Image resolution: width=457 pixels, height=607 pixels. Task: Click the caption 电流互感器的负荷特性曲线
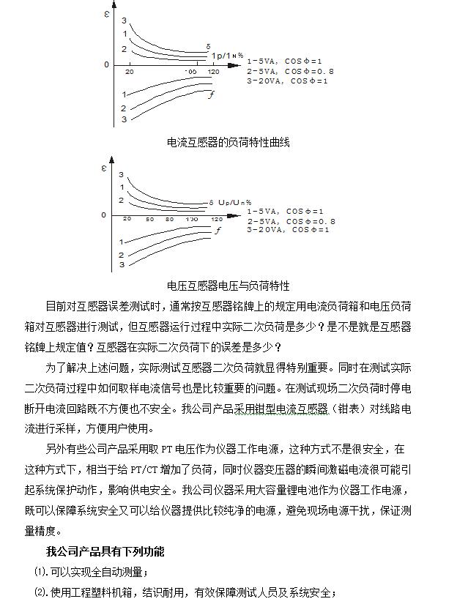pyautogui.click(x=228, y=142)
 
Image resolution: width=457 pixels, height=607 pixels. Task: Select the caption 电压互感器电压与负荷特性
pyautogui.click(x=228, y=286)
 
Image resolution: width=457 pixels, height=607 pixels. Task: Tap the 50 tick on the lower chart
pyautogui.click(x=149, y=219)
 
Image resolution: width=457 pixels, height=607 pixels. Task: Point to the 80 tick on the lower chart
pyautogui.click(x=169, y=219)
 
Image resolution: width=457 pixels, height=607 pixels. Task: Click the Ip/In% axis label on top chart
pyautogui.click(x=228, y=56)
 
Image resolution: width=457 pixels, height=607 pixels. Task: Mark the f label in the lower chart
pyautogui.click(x=218, y=231)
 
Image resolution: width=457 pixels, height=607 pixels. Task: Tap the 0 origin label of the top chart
pyautogui.click(x=106, y=65)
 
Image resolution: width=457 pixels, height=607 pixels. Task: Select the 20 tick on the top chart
pyautogui.click(x=130, y=72)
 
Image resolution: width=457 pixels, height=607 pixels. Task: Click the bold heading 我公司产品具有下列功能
pyautogui.click(x=105, y=551)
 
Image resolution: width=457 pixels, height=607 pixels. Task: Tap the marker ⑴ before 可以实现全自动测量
pyautogui.click(x=41, y=572)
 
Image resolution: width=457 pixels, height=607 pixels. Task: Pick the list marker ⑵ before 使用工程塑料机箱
pyautogui.click(x=41, y=592)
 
